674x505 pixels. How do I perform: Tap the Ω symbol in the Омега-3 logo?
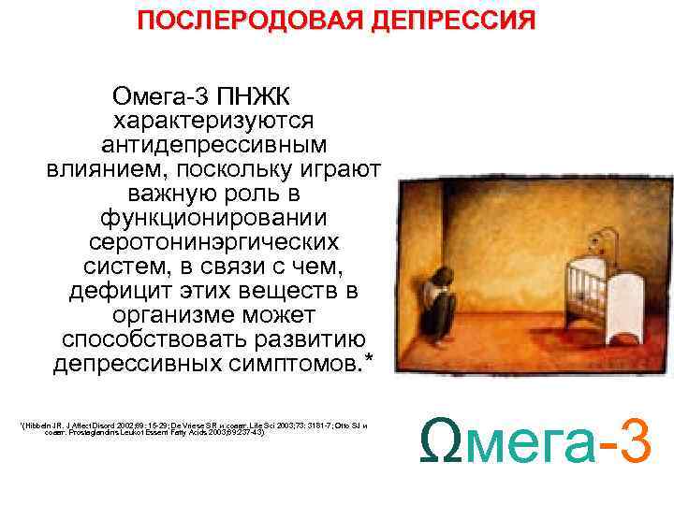click(441, 439)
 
